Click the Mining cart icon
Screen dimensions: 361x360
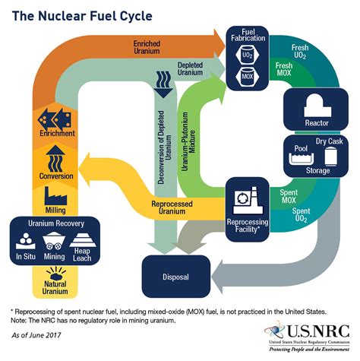point(54,242)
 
